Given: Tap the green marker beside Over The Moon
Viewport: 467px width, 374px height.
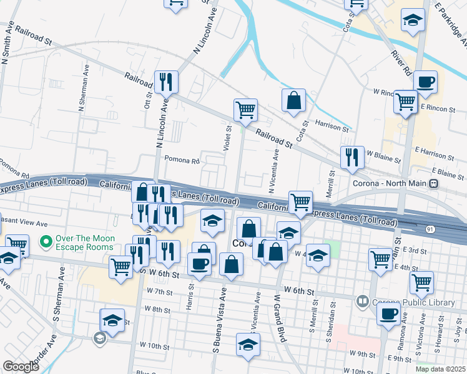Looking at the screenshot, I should coord(44,241).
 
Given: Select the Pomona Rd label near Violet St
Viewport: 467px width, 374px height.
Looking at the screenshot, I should coord(182,160).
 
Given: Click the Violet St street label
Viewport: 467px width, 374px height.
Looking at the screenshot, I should coord(229,138).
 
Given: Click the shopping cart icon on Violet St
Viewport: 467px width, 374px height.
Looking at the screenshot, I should coord(246,110).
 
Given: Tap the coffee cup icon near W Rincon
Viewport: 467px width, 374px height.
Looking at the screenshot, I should coord(425,82).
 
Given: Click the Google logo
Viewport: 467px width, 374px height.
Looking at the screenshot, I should coord(21,366).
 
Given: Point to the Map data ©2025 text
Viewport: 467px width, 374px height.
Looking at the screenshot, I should coord(440,369).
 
